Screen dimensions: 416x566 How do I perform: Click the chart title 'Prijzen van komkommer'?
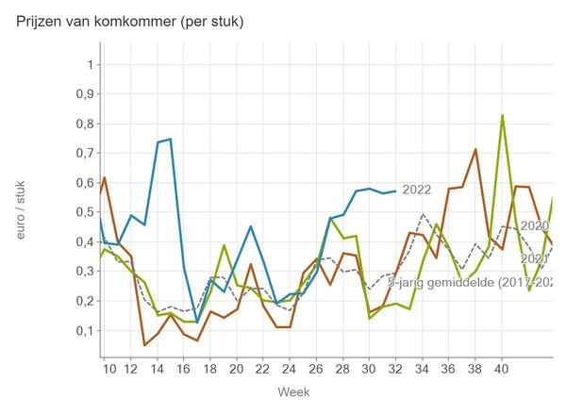[130, 21]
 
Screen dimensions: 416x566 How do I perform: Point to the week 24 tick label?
[289, 366]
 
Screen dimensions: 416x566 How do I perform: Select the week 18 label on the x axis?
[210, 366]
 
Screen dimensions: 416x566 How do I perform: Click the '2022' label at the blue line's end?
[416, 190]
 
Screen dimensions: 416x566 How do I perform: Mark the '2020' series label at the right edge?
[535, 225]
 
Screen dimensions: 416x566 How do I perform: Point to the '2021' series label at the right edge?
[535, 258]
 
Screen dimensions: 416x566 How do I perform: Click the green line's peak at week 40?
[502, 115]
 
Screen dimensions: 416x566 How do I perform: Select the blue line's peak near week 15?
[170, 139]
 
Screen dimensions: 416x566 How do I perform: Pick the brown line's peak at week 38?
[475, 149]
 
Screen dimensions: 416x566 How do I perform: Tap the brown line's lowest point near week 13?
[144, 345]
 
